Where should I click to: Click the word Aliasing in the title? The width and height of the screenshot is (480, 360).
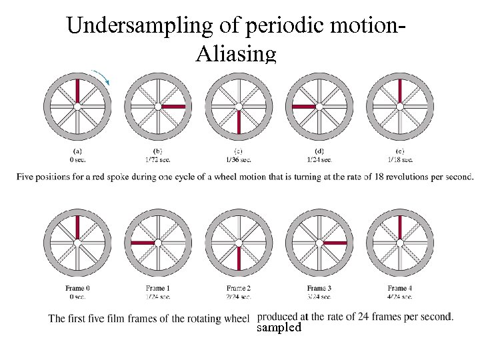pos(235,54)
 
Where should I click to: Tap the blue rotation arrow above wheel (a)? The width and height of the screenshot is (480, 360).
pos(102,76)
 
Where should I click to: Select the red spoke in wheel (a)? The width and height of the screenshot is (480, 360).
pos(77,91)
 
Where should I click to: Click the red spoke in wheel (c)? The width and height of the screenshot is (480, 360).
pos(239,121)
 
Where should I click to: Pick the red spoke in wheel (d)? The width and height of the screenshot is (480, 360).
pos(304,106)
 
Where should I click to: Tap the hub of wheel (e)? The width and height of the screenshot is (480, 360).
pos(400,106)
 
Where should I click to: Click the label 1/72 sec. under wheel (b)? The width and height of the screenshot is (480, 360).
pos(158,159)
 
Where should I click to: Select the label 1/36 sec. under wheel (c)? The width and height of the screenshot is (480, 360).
pos(239,159)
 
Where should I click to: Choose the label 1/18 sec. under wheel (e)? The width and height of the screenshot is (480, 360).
pos(400,159)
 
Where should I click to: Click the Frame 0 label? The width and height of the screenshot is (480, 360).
pos(77,288)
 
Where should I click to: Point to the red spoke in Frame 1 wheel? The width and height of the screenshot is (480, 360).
pos(143,243)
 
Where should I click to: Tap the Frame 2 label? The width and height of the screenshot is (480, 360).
pos(239,288)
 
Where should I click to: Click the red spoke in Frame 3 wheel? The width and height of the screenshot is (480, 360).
pos(335,243)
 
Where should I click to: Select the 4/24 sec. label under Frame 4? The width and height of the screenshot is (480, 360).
pos(400,296)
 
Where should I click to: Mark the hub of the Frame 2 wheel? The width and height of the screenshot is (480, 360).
pos(239,243)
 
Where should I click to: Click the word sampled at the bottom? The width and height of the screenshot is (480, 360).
pos(279,328)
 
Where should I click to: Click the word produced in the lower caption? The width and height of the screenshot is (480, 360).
pos(278,316)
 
